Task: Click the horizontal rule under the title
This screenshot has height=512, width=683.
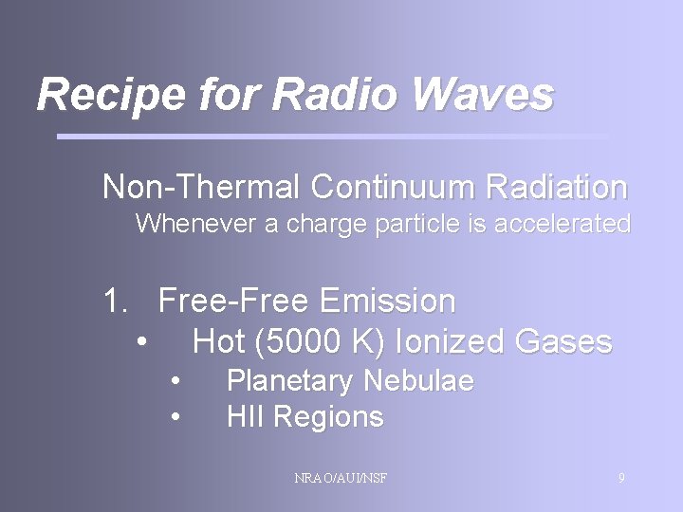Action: point(332,137)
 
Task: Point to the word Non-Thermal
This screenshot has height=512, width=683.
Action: point(202,187)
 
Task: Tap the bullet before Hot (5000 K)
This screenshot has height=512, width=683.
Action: point(140,341)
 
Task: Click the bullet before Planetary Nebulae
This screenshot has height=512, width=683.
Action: point(175,381)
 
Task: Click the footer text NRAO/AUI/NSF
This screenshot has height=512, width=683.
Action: point(341,478)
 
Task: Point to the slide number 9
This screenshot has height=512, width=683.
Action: point(621,478)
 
